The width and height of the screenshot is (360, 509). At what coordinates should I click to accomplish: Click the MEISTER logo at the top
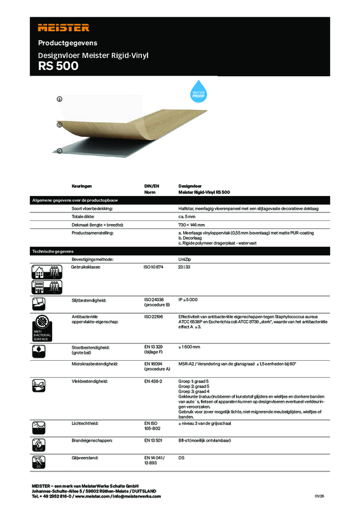coord(64,27)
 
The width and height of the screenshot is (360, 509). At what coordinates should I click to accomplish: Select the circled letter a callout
coord(59,99)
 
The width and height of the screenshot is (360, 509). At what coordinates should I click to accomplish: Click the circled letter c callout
coord(59,151)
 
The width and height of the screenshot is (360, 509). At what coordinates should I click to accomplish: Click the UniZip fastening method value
coord(186,260)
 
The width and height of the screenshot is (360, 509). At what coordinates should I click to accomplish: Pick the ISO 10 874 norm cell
coord(155,268)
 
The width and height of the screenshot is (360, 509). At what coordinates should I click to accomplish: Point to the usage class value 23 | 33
coord(185,268)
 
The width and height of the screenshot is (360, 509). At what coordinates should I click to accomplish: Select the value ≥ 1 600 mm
coord(190,347)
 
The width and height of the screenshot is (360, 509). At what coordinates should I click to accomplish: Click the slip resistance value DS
coord(181,457)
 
